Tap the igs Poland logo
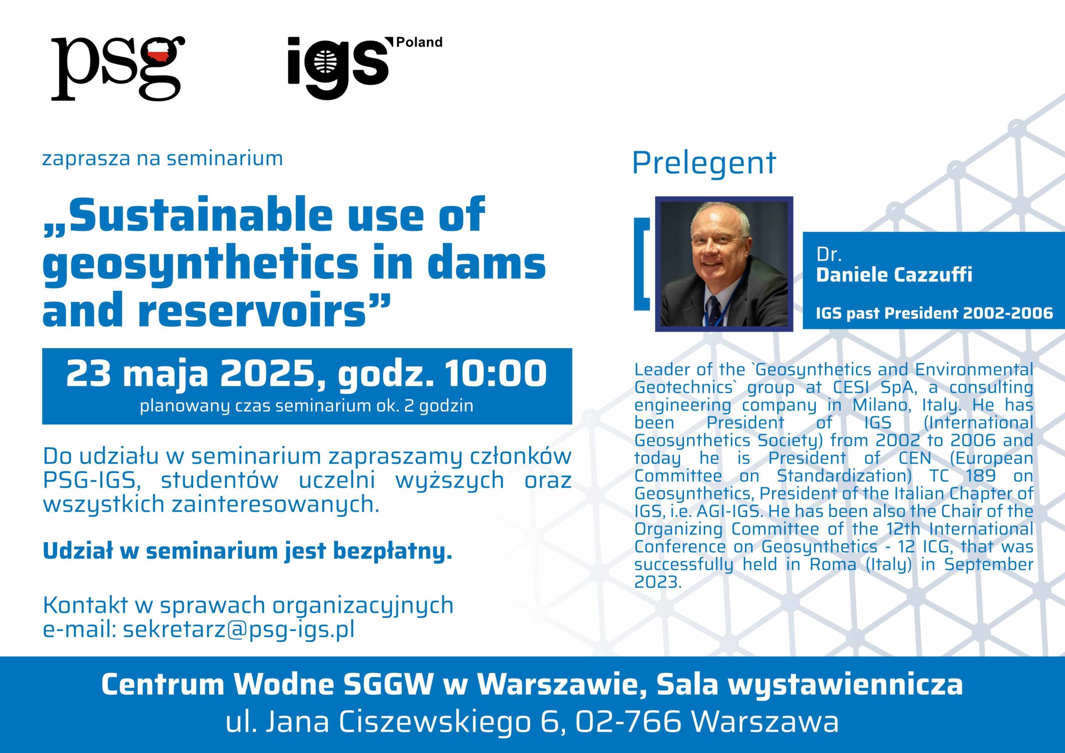(364, 68)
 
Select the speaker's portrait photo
(723, 264)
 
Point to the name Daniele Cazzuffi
(894, 275)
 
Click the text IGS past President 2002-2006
(934, 314)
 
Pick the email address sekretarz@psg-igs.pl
(239, 630)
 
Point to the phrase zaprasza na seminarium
(162, 158)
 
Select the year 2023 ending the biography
(658, 583)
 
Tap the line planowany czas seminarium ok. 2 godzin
(307, 406)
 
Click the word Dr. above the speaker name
(829, 254)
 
